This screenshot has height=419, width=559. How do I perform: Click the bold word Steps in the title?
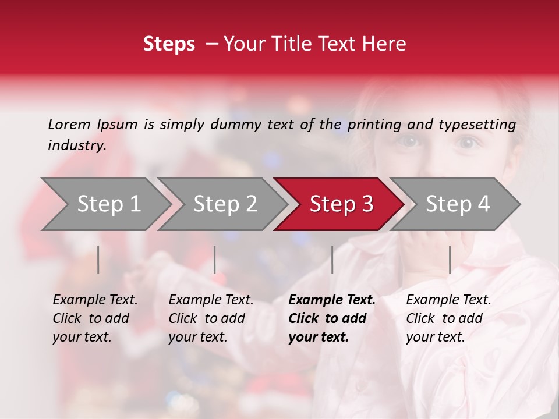(169, 44)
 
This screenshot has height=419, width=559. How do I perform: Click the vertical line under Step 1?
(98, 260)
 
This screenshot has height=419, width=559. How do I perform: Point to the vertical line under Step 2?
(215, 260)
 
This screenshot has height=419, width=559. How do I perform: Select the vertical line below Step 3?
(332, 260)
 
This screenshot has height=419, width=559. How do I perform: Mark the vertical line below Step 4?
(450, 260)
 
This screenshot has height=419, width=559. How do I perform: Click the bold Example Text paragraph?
(331, 318)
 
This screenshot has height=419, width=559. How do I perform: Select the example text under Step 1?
(94, 318)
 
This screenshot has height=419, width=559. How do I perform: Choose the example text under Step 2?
(210, 318)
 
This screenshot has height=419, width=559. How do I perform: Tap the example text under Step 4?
(448, 318)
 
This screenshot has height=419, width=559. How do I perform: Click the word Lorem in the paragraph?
(69, 124)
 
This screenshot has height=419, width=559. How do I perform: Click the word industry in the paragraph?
(76, 145)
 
